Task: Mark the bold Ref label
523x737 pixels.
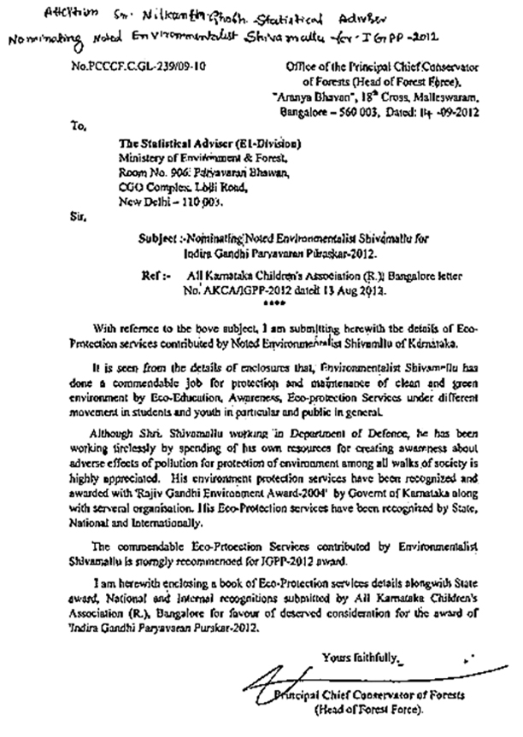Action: tap(152, 278)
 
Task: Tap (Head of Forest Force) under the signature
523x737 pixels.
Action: tap(362, 710)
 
